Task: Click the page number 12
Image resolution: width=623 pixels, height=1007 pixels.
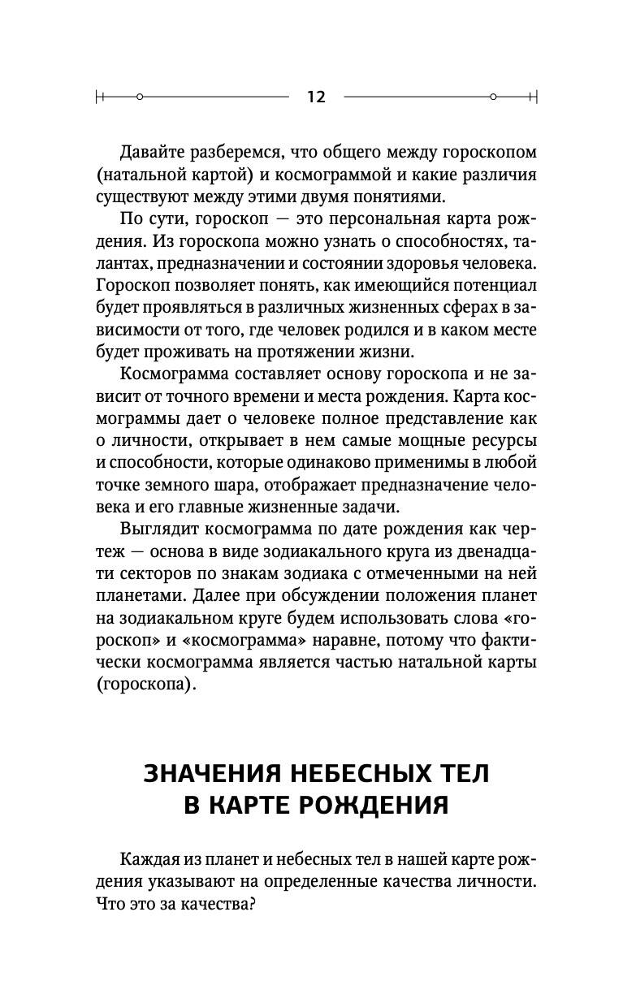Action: tap(316, 97)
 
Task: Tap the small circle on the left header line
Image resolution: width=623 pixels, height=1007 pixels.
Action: tap(140, 97)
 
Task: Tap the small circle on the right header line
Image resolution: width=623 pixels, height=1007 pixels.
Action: tap(492, 97)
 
